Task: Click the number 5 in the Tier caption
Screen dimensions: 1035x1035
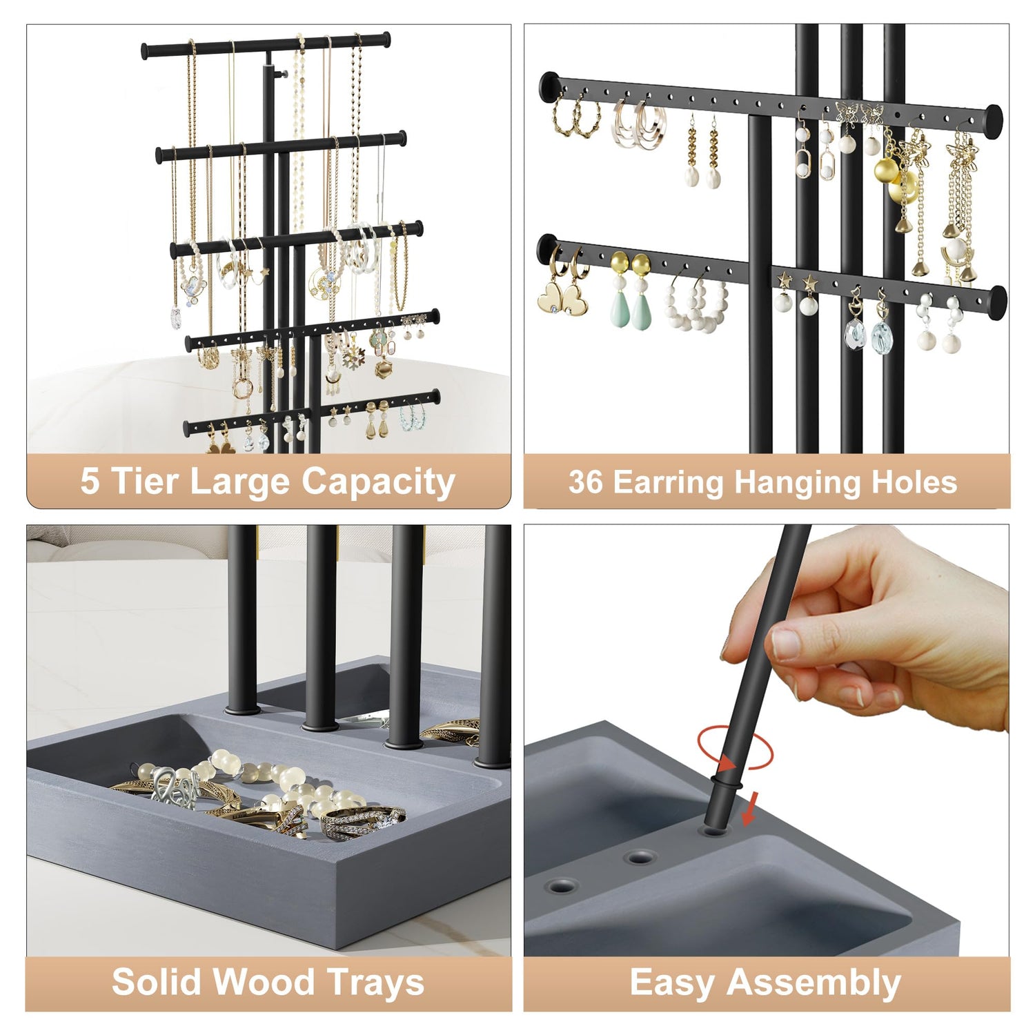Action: [x=90, y=481]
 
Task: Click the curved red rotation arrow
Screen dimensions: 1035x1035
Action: [x=735, y=747]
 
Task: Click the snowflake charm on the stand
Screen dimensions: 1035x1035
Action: [x=354, y=358]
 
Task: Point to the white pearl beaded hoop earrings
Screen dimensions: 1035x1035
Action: [x=696, y=304]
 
